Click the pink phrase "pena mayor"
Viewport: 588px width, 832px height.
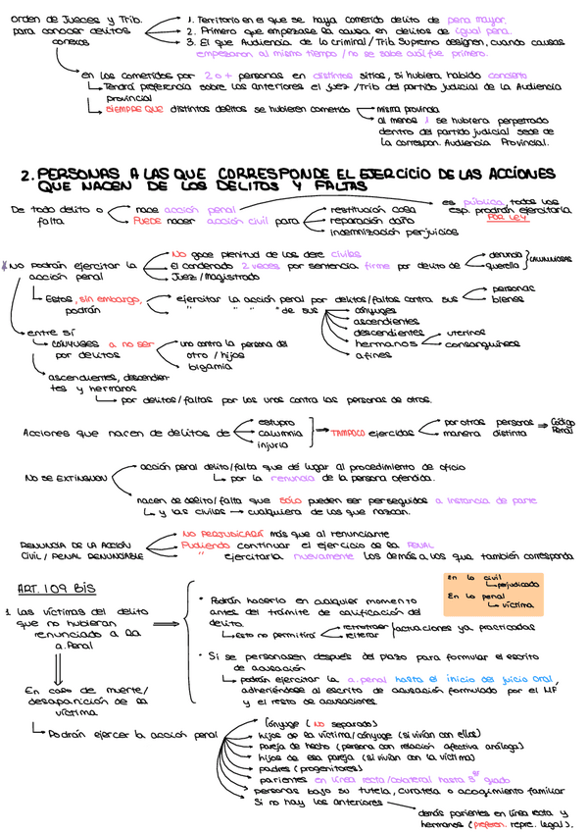[x=471, y=18]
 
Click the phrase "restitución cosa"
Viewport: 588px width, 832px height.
[x=373, y=209]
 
